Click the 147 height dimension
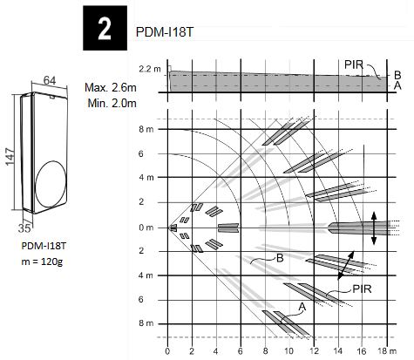(x=10, y=153)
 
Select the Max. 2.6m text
(x=112, y=88)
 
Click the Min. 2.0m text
(x=112, y=102)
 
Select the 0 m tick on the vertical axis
(x=146, y=228)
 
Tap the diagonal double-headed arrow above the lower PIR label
(x=345, y=264)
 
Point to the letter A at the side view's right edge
(x=397, y=85)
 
